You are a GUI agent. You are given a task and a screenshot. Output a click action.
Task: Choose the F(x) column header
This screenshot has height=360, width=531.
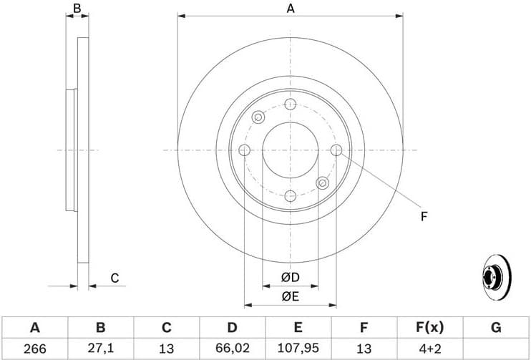430,328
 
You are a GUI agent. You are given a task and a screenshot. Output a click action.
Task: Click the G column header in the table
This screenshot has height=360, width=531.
495,328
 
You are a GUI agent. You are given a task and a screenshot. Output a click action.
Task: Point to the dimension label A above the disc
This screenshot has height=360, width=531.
290,9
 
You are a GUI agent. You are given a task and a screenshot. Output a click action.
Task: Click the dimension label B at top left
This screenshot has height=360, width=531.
77,9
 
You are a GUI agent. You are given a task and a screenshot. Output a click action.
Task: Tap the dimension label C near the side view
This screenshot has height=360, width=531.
114,278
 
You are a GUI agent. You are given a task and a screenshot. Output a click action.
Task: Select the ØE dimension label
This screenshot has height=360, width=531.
290,296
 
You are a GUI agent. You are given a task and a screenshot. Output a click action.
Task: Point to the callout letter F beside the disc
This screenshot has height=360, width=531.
424,216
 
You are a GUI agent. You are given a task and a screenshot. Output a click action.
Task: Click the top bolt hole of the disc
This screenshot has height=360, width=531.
290,104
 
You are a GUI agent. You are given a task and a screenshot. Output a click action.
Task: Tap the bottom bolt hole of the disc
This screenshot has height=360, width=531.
290,196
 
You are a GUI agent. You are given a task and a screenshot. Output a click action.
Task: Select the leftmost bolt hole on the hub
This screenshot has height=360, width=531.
244,150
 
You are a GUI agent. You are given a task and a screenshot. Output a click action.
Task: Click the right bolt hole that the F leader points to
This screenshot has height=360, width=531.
336,150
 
